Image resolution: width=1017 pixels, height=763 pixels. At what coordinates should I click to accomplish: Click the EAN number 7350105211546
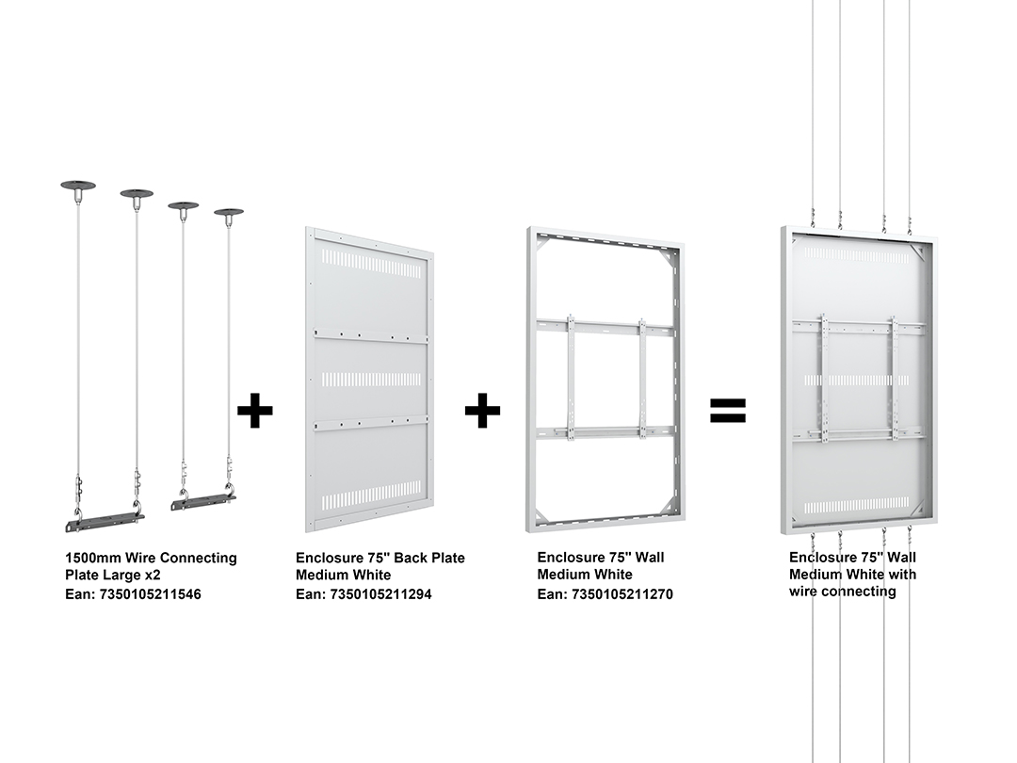pyautogui.click(x=150, y=594)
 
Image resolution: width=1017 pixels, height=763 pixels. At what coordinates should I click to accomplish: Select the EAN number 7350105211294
pyautogui.click(x=380, y=594)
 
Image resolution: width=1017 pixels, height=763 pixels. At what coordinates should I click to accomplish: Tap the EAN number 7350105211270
pyautogui.click(x=622, y=594)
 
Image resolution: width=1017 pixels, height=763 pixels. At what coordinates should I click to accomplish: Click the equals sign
pyautogui.click(x=728, y=410)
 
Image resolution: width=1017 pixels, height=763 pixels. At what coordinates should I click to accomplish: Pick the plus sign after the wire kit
pyautogui.click(x=255, y=410)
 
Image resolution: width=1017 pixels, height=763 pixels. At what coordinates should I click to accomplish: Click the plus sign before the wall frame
pyautogui.click(x=482, y=410)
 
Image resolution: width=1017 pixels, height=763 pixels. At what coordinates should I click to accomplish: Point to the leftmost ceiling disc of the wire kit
pyautogui.click(x=78, y=186)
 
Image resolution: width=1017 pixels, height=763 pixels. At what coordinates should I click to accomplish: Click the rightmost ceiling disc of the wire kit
pyautogui.click(x=228, y=212)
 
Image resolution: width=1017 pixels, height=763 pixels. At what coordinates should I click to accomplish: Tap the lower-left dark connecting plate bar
pyautogui.click(x=105, y=522)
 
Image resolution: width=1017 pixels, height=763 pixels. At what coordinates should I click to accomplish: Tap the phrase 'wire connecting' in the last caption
pyautogui.click(x=843, y=592)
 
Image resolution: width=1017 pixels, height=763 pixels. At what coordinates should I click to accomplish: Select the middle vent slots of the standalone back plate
pyautogui.click(x=372, y=380)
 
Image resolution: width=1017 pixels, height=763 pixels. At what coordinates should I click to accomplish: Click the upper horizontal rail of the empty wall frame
pyautogui.click(x=605, y=325)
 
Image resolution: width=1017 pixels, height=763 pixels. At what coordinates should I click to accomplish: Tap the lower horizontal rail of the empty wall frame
pyautogui.click(x=605, y=431)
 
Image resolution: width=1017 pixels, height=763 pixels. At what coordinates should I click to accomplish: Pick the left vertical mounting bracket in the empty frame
pyautogui.click(x=571, y=377)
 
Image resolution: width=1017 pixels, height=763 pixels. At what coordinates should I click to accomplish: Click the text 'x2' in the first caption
pyautogui.click(x=152, y=576)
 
